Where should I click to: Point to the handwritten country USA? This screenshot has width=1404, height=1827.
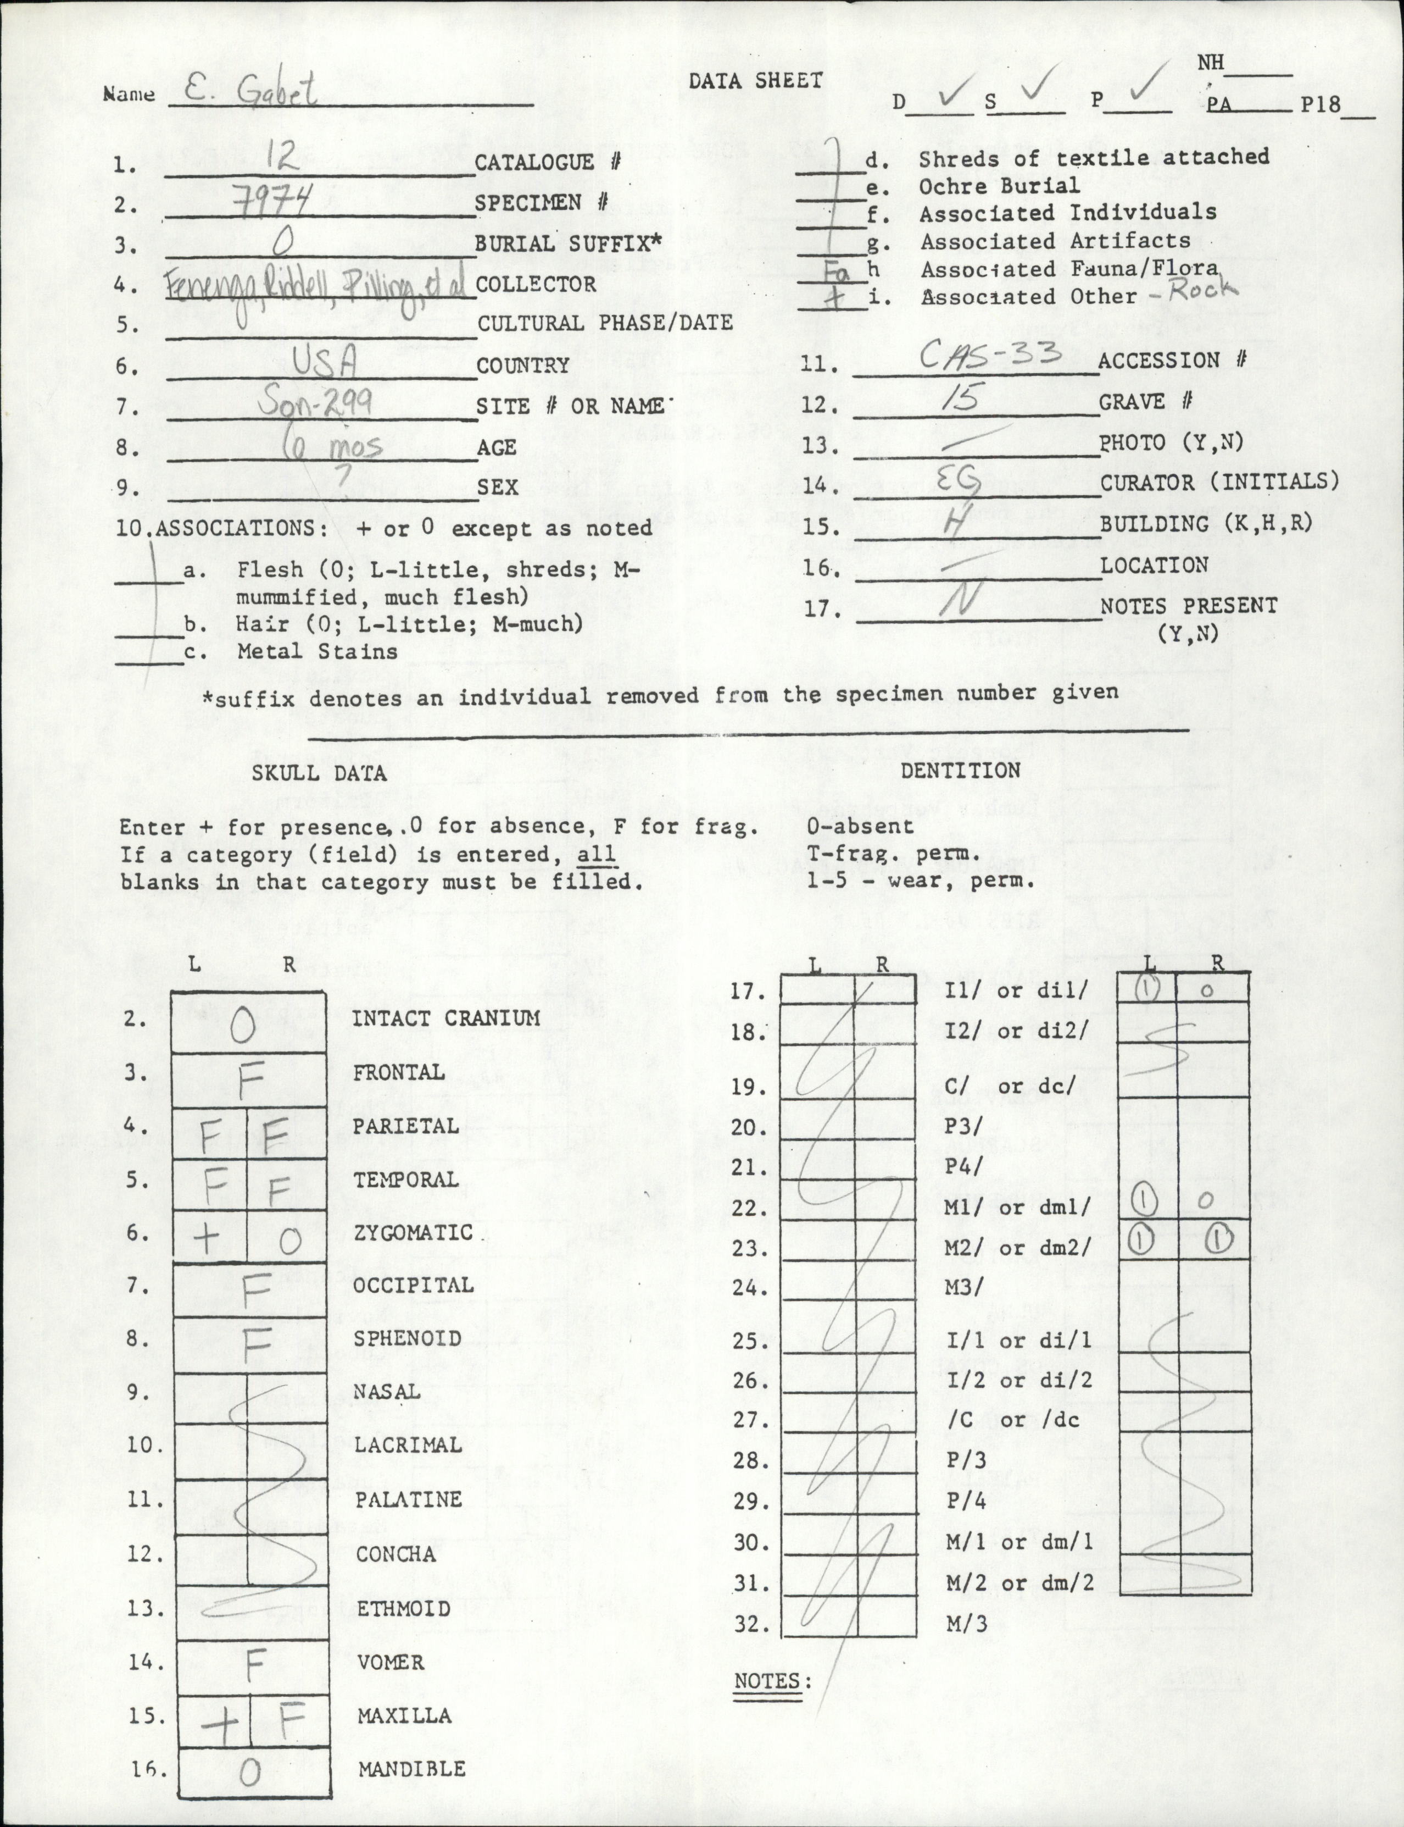(325, 362)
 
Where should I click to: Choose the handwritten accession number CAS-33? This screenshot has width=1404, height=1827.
(990, 356)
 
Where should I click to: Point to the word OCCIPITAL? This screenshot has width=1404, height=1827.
(413, 1285)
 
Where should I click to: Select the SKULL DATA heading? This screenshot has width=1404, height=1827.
(319, 773)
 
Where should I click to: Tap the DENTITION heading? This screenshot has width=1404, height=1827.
(960, 770)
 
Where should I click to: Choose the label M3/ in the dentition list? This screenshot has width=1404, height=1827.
(962, 1287)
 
